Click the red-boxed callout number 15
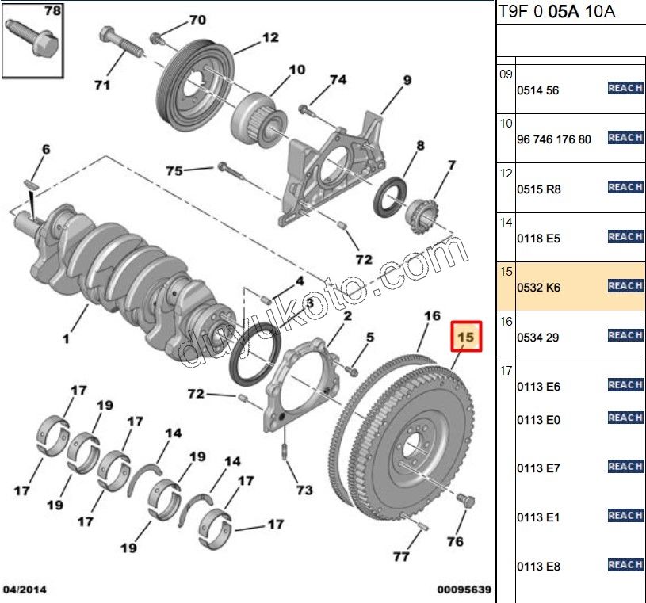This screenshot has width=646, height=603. [466, 338]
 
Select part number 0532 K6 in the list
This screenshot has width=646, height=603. [538, 288]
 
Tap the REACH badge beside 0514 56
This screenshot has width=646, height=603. [625, 89]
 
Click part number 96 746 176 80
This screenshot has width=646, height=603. [554, 139]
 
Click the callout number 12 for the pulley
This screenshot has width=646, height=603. [270, 36]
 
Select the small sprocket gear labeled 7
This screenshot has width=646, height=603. [422, 212]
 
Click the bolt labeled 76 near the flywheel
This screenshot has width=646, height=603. [466, 501]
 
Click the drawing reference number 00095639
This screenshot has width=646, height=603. [464, 590]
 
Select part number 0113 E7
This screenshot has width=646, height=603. [538, 468]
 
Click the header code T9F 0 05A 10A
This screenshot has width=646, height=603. [556, 12]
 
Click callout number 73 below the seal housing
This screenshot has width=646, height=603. [304, 490]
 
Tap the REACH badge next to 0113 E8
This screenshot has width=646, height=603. [625, 565]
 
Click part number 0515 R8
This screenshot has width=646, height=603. [538, 189]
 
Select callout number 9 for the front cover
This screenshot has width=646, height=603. [407, 80]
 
